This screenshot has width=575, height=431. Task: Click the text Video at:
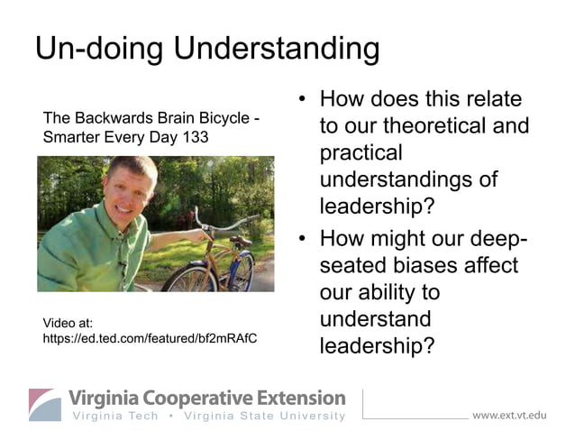(68, 322)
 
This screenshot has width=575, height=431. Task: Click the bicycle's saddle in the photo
(240, 242)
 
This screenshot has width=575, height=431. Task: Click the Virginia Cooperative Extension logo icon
(45, 404)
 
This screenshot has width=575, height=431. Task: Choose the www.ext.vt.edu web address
(509, 416)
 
